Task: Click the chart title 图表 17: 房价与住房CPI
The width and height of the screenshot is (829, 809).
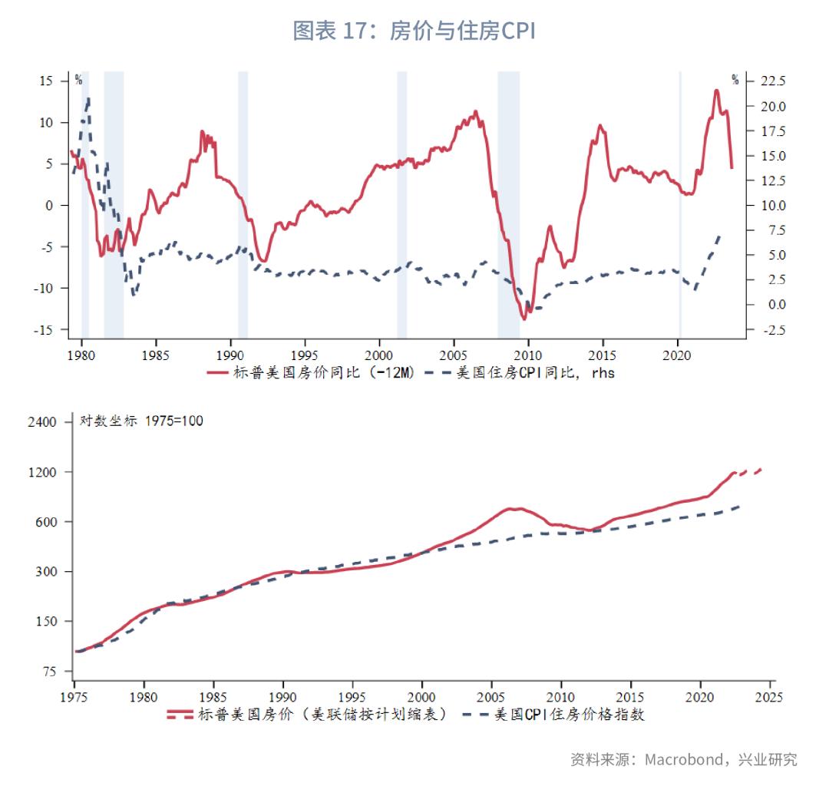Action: [x=414, y=31]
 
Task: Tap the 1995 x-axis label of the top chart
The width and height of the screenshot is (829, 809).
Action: [x=305, y=356]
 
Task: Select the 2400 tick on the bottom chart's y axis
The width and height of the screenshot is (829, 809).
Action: [x=42, y=422]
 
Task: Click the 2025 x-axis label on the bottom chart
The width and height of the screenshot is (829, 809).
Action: [x=768, y=697]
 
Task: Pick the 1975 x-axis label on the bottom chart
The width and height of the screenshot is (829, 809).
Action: [x=74, y=697]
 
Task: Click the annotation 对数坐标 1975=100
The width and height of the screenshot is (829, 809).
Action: [x=142, y=421]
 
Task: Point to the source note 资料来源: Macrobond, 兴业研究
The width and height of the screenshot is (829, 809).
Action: [x=683, y=760]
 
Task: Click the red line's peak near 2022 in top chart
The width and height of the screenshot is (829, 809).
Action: [x=716, y=91]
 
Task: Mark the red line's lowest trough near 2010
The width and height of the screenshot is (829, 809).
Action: [x=524, y=319]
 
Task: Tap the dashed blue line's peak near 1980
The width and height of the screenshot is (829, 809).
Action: [x=88, y=98]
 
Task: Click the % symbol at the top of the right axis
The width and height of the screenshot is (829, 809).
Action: [x=735, y=79]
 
